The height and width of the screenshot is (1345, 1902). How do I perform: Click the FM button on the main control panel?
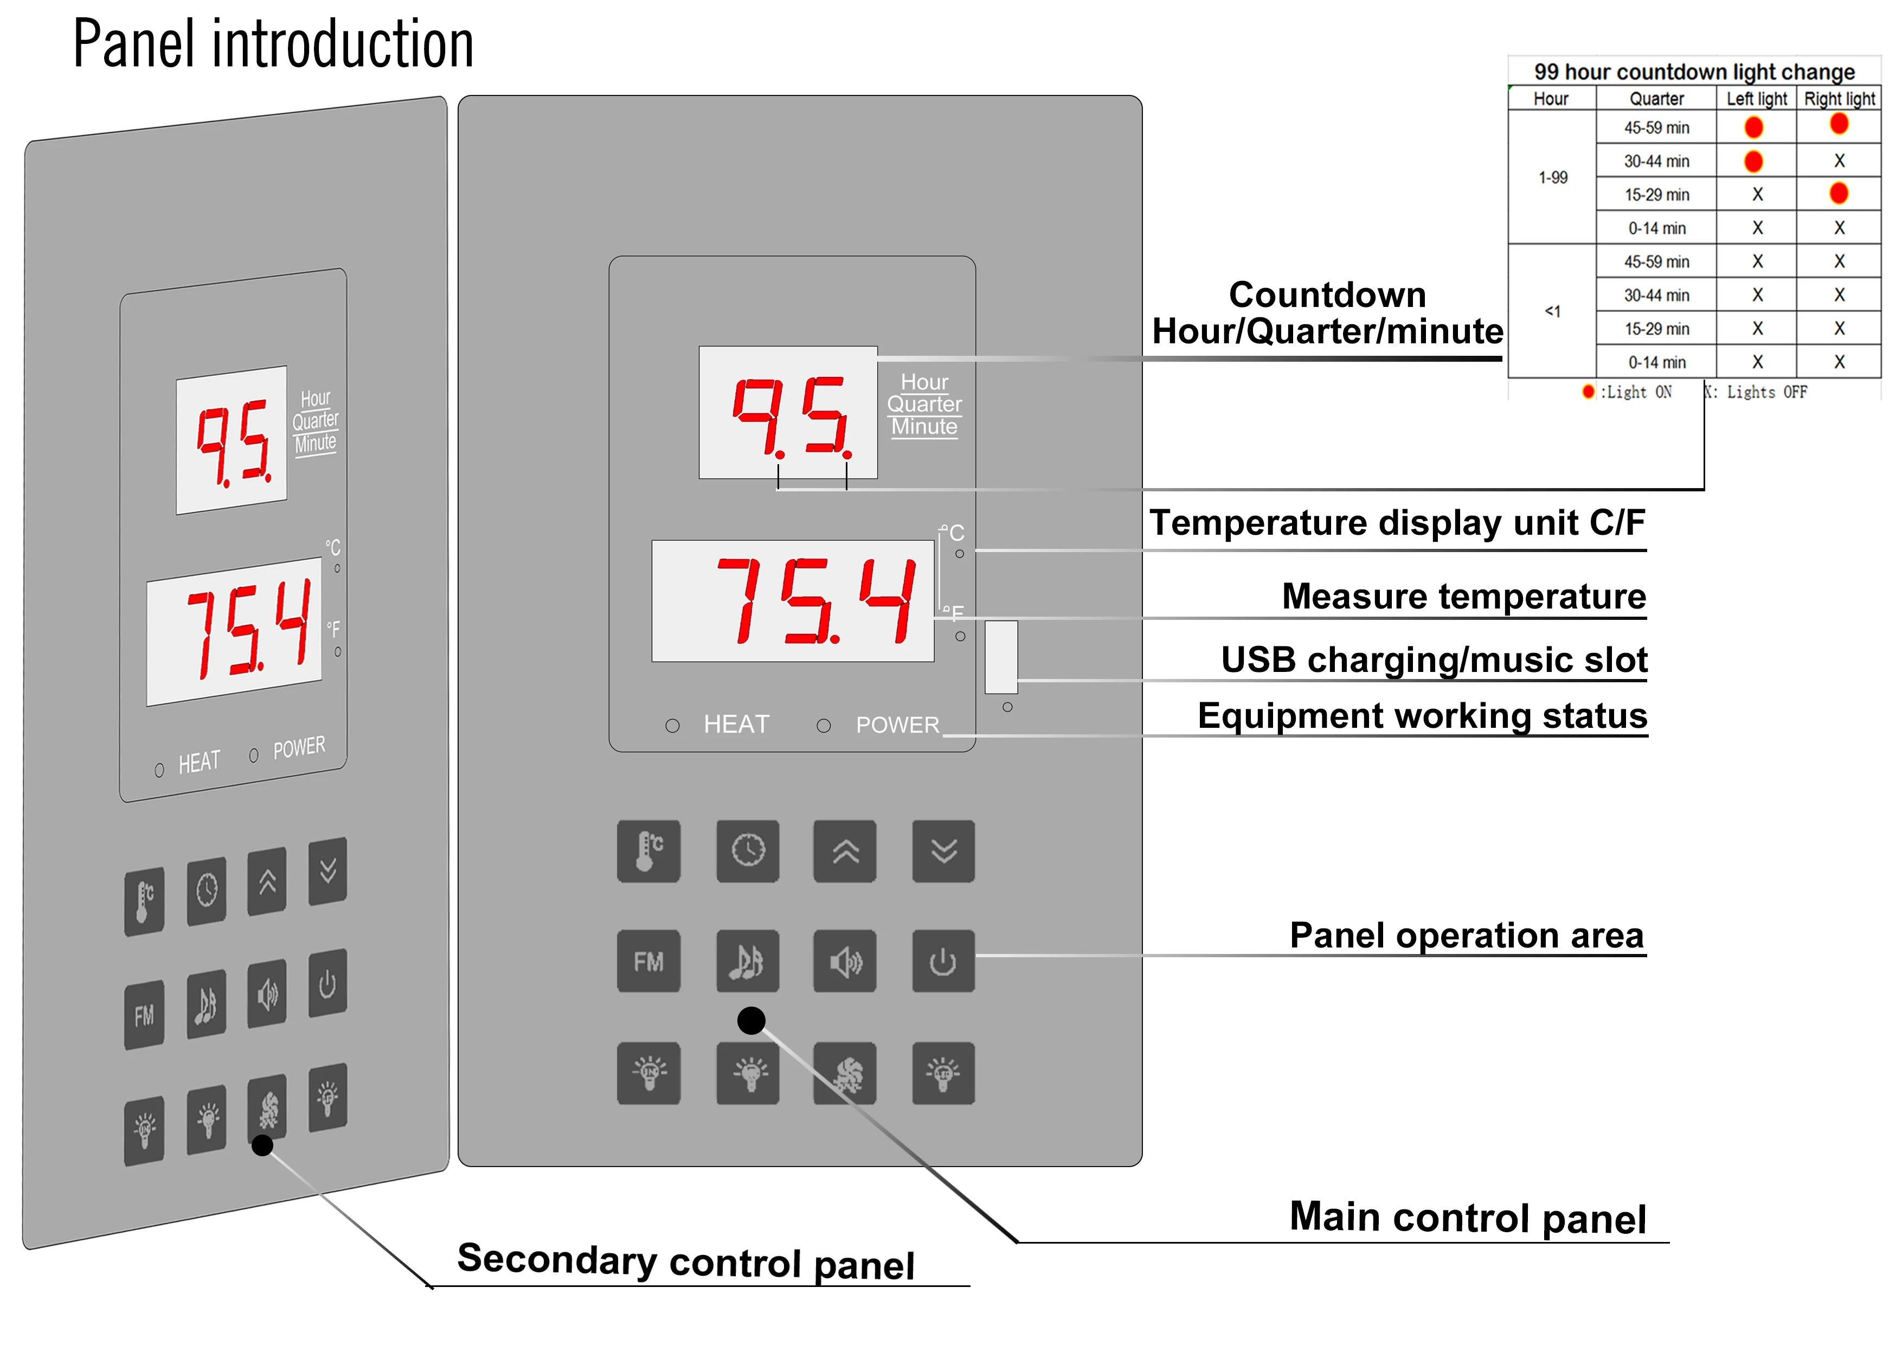point(648,962)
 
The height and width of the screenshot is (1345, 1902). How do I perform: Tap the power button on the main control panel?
point(943,962)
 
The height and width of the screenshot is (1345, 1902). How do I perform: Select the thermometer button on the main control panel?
point(648,851)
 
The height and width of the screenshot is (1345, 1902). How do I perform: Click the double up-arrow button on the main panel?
point(844,851)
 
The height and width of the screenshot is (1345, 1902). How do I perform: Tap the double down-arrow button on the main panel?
point(943,851)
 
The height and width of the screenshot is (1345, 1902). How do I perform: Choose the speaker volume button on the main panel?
point(844,962)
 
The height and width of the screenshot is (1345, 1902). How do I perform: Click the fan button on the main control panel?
point(844,1074)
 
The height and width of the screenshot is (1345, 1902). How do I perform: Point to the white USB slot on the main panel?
point(1001,656)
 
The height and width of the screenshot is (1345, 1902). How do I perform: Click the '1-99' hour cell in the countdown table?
point(1552,177)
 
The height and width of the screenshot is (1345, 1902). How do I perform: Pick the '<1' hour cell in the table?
point(1552,312)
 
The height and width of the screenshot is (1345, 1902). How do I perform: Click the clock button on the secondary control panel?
point(206,891)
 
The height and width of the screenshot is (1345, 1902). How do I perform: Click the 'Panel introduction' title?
point(273,45)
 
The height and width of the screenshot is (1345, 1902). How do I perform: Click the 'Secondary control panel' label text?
point(686,1261)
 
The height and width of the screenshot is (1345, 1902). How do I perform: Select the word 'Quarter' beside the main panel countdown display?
point(924,405)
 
